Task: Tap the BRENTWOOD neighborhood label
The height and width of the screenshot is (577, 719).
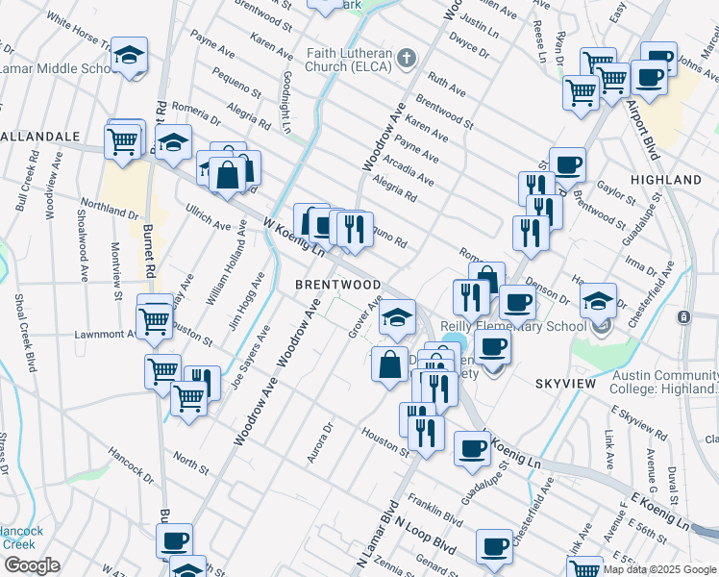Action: point(337,286)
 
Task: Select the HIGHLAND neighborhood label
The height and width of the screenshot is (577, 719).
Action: point(665,180)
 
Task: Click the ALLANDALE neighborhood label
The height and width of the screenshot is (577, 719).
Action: point(40,137)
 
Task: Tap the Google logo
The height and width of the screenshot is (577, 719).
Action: point(32,565)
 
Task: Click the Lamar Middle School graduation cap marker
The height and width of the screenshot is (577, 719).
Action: point(128,57)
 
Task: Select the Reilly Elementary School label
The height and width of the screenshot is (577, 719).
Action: point(514,326)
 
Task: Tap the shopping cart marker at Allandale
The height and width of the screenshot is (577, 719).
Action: point(123,140)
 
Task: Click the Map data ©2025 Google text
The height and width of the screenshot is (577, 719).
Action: point(659,569)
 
